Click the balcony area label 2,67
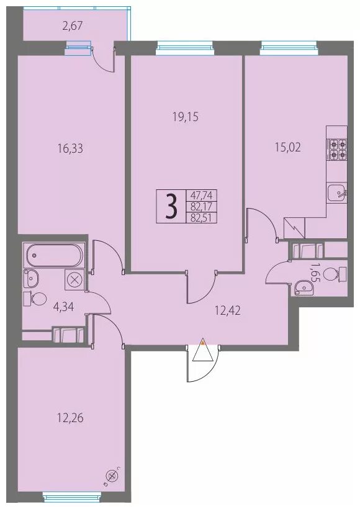point(72,25)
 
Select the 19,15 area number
point(186,117)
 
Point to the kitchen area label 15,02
point(288,148)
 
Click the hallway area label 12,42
point(228,311)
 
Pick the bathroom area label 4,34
point(63,307)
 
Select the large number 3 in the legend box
point(172,207)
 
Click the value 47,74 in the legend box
point(201,196)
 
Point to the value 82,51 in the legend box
point(201,217)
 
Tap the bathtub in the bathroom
point(53,255)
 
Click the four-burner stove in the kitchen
point(338,148)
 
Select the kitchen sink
point(337,193)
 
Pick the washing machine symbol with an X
point(75,279)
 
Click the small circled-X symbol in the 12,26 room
point(112,476)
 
